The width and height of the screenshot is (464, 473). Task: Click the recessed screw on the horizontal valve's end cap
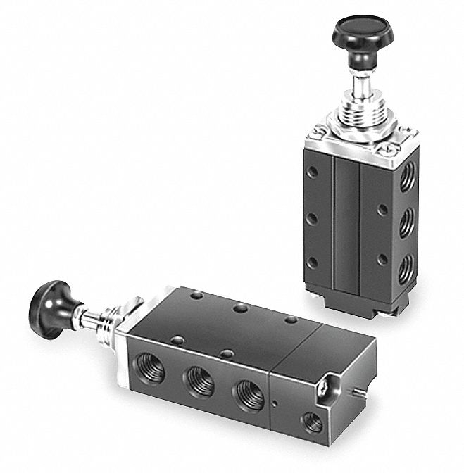coord(323,385)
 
